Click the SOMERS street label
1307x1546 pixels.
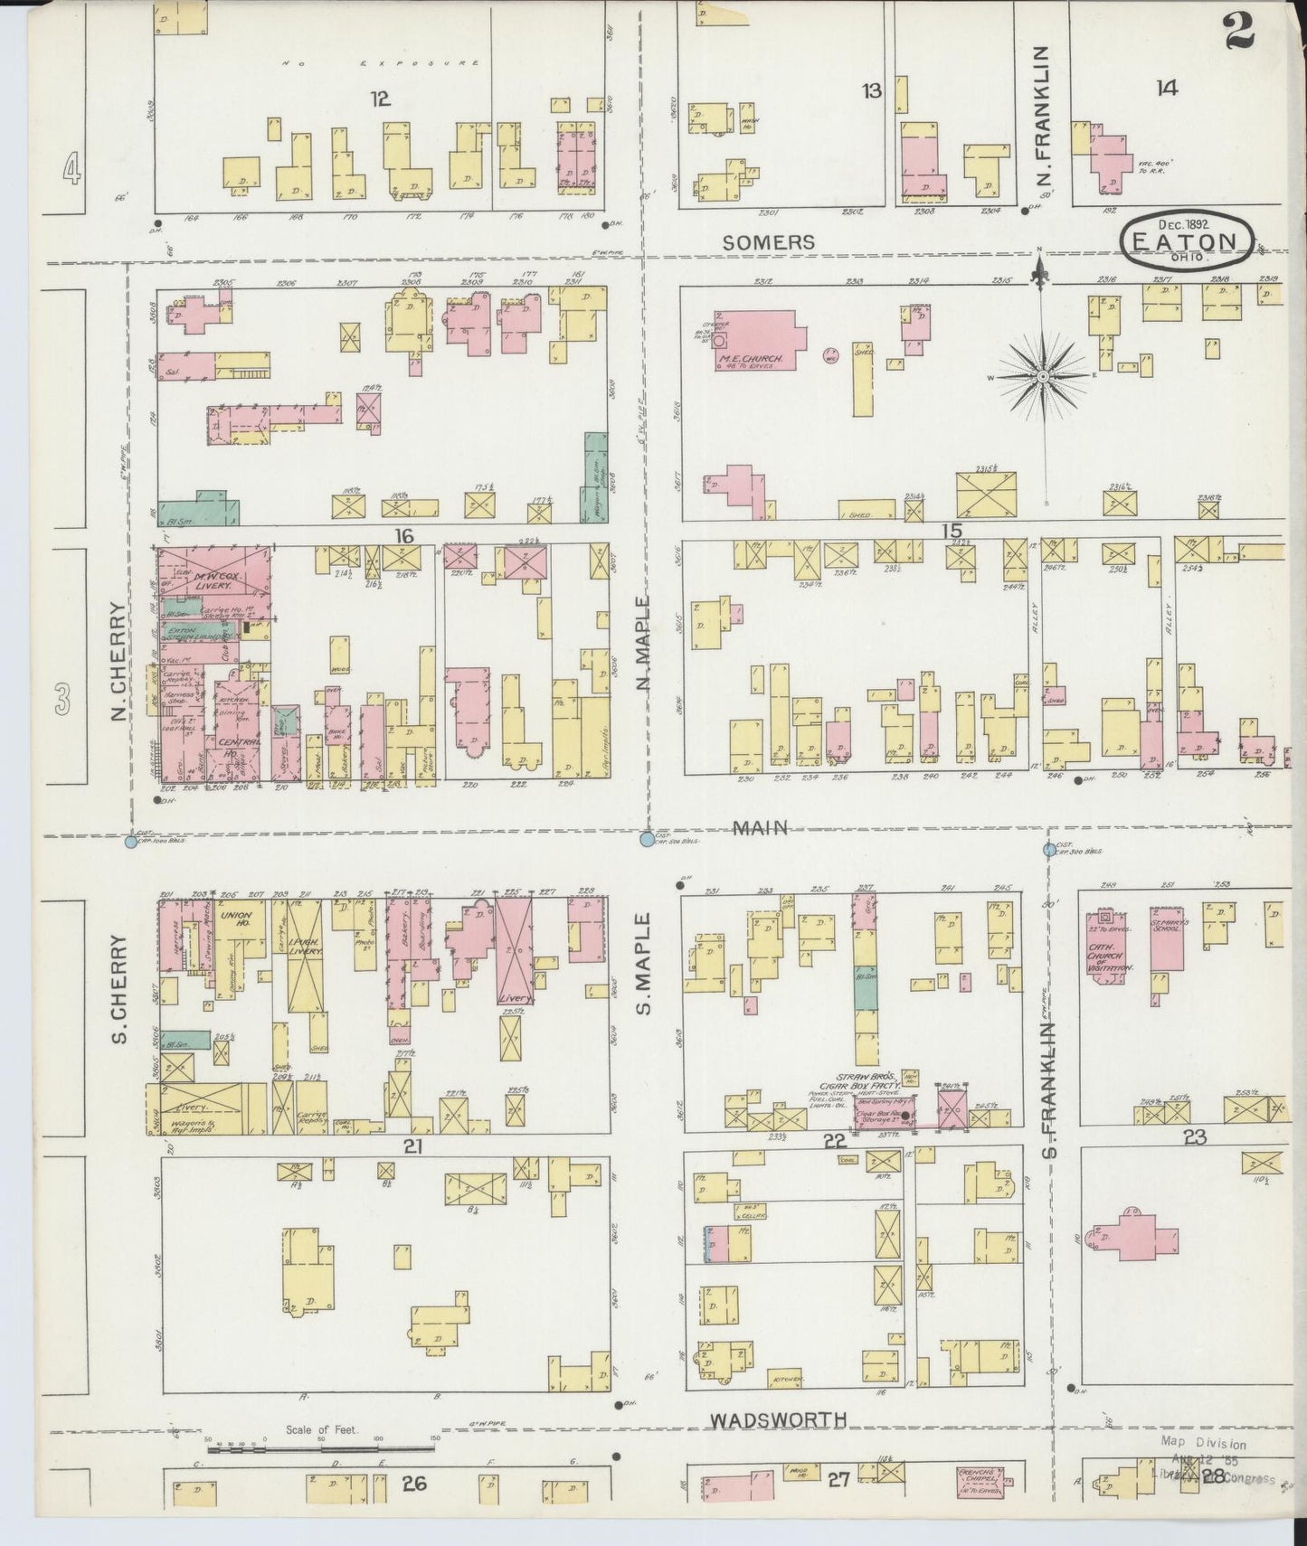[768, 242]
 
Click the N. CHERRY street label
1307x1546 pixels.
[118, 662]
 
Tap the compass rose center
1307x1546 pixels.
[1043, 375]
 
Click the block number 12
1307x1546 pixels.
[380, 99]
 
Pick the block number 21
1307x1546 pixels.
[413, 1146]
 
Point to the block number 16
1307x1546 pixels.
[403, 536]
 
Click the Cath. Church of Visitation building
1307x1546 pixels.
[1109, 948]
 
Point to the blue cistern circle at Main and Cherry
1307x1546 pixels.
[130, 842]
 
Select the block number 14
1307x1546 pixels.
[1166, 88]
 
